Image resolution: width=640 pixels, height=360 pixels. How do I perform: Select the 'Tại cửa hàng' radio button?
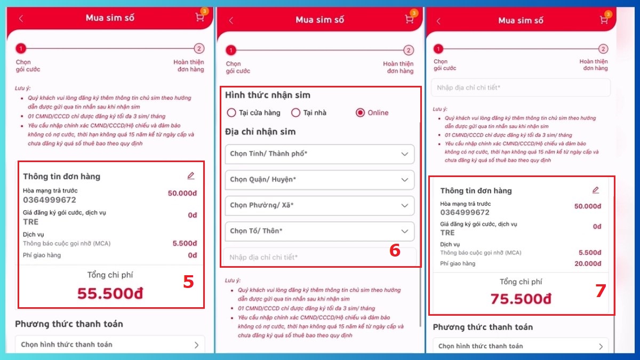231,113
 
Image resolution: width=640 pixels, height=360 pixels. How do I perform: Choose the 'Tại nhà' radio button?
295,113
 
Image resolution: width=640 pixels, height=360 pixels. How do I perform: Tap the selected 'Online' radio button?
361,113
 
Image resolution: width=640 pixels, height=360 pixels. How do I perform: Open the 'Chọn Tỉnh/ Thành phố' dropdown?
319,154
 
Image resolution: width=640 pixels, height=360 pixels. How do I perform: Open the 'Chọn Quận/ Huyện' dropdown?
319,180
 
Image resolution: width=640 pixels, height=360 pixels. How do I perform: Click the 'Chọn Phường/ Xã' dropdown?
319,205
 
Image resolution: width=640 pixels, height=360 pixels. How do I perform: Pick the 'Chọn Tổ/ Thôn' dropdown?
319,231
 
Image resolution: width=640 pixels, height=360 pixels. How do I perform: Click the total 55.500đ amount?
110,293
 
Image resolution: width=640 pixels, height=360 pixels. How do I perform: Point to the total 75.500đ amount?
521,299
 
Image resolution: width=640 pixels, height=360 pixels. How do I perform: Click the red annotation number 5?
188,282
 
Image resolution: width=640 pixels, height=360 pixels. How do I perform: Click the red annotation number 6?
395,250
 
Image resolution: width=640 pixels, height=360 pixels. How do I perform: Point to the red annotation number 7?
601,291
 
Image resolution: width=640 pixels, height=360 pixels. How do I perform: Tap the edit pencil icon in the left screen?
191,175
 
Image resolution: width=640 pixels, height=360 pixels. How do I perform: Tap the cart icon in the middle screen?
409,20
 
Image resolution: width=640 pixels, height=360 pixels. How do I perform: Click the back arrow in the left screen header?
21,18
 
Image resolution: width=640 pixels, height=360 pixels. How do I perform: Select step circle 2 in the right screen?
603,49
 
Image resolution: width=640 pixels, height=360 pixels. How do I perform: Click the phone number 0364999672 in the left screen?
50,200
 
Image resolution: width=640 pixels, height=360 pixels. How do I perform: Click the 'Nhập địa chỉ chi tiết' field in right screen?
521,87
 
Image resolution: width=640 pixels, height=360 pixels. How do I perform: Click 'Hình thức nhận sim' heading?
267,95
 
